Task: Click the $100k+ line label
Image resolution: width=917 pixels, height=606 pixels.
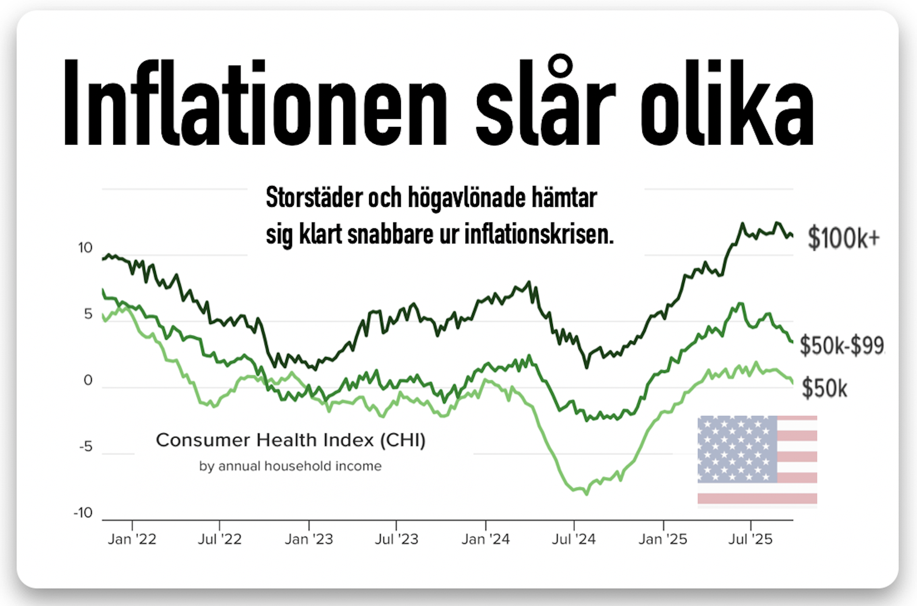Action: tap(843, 238)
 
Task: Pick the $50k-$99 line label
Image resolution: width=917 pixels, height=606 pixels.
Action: tap(842, 346)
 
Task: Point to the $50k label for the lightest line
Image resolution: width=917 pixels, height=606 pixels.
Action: tap(824, 388)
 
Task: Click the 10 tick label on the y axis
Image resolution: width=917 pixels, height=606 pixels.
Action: tap(85, 248)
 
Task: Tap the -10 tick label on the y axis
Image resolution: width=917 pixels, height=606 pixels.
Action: tap(83, 513)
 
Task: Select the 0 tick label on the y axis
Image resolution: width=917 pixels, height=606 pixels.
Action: tap(88, 380)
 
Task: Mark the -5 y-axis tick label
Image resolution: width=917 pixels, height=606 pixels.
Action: tap(85, 447)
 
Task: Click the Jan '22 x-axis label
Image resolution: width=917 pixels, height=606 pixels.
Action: tap(132, 539)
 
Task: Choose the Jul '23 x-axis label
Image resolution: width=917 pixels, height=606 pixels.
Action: tap(396, 539)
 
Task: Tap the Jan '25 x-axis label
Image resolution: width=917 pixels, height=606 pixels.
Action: tap(663, 539)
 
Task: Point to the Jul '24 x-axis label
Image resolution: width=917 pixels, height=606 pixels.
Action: tap(574, 539)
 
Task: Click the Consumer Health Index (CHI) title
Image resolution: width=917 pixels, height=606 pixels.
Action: tap(290, 440)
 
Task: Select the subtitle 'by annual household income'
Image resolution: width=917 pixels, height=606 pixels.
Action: tap(290, 466)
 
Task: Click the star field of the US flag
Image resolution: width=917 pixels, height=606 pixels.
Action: tap(737, 449)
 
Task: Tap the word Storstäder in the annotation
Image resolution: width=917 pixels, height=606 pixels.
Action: tap(314, 198)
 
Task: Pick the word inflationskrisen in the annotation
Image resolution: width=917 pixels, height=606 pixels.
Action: tap(539, 235)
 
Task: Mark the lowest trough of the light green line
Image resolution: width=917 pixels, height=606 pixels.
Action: tap(586, 493)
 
